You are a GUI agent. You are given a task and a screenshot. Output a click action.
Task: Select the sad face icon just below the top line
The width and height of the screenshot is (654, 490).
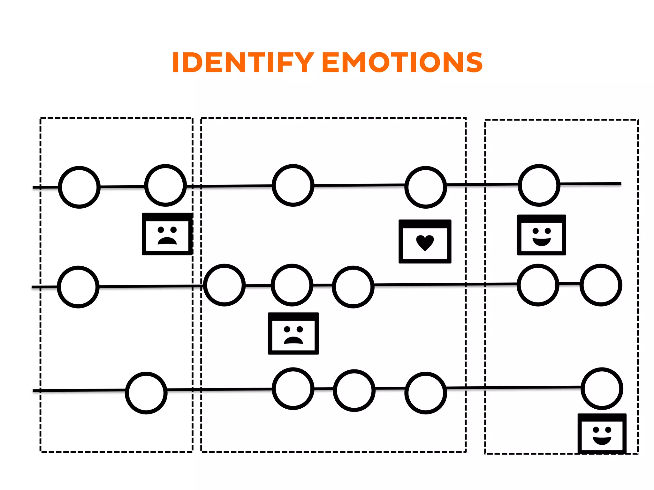point(167,234)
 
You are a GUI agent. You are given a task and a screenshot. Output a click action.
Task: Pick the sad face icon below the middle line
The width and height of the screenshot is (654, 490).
point(293,334)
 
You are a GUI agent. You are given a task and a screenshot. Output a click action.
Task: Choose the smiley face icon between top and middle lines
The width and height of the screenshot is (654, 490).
point(542,235)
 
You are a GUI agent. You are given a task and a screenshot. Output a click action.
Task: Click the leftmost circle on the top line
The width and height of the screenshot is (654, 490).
point(79,187)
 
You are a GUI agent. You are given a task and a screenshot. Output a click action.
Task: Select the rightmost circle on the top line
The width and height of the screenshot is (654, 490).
point(539,185)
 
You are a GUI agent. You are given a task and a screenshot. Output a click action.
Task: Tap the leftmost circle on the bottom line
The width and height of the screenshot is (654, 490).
point(146,393)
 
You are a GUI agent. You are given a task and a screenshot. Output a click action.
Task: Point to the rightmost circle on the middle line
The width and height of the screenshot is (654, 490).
point(601,285)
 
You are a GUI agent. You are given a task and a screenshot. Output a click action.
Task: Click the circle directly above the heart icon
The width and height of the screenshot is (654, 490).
point(426,187)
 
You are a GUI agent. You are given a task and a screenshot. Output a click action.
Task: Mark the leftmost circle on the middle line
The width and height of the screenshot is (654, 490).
point(78,287)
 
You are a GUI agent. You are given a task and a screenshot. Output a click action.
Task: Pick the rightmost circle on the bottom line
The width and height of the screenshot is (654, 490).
point(602,389)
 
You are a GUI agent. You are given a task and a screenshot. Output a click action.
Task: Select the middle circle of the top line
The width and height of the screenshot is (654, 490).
point(293,185)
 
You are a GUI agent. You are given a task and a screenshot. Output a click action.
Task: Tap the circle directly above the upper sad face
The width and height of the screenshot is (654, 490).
point(165,185)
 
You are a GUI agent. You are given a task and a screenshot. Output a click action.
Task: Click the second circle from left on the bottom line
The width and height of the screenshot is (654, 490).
point(293,389)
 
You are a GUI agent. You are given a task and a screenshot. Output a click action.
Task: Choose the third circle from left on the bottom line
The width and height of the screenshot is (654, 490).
point(354,390)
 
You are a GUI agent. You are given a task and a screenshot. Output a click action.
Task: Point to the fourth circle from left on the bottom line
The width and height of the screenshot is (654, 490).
point(426,393)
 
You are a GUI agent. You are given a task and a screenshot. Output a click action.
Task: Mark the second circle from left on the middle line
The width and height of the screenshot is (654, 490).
point(224,285)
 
